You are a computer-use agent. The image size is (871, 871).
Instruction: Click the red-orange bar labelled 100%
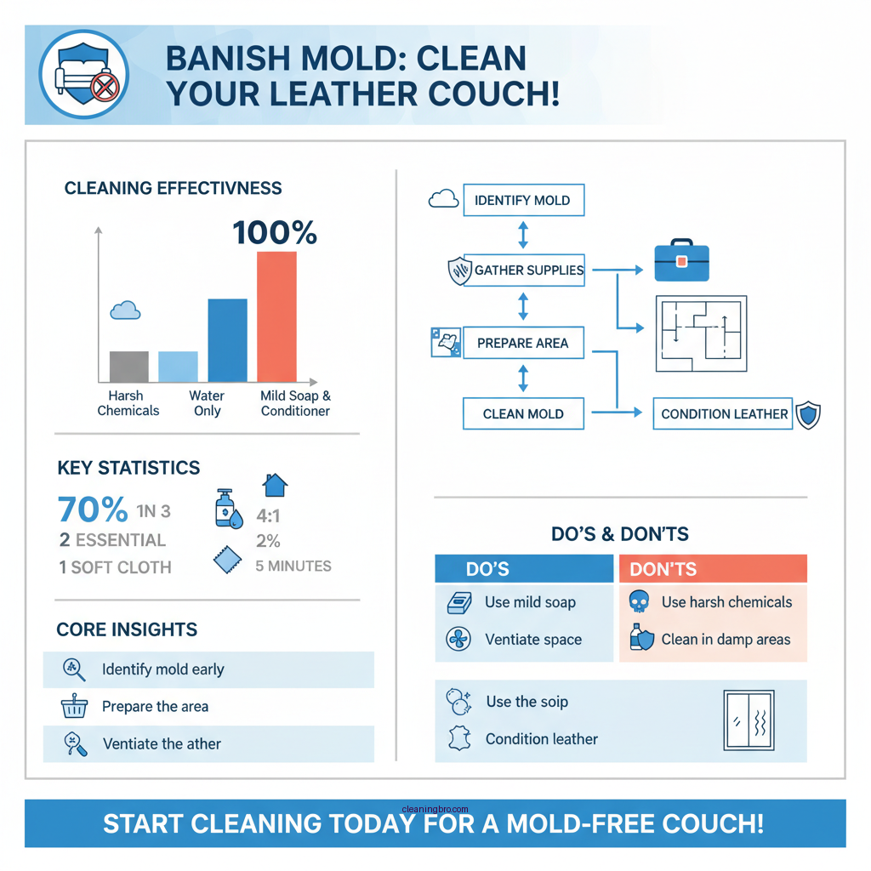pyautogui.click(x=276, y=316)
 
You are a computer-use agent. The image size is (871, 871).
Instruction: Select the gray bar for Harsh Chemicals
pyautogui.click(x=128, y=367)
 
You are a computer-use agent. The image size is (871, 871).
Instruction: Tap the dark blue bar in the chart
pyautogui.click(x=227, y=340)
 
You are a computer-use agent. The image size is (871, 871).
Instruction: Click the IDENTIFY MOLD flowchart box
pyautogui.click(x=522, y=201)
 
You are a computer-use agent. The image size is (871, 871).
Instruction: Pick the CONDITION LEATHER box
pyautogui.click(x=724, y=414)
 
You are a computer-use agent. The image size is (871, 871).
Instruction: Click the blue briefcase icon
pyautogui.click(x=681, y=263)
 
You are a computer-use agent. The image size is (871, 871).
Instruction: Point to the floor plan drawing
pyautogui.click(x=701, y=334)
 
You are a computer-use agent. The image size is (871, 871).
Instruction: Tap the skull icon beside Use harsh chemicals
pyautogui.click(x=638, y=602)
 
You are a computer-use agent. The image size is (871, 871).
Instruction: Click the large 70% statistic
pyautogui.click(x=92, y=510)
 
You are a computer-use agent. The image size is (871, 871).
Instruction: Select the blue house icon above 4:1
pyautogui.click(x=274, y=486)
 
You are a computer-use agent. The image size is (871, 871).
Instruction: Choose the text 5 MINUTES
pyautogui.click(x=293, y=566)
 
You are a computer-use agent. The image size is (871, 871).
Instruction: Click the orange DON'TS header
pyautogui.click(x=713, y=569)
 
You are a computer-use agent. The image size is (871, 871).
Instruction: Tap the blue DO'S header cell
pyautogui.click(x=523, y=569)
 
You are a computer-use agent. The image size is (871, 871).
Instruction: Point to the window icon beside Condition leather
pyautogui.click(x=748, y=720)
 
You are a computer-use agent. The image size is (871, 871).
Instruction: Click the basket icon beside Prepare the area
pyautogui.click(x=75, y=707)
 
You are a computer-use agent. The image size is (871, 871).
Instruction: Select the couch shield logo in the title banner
pyautogui.click(x=83, y=74)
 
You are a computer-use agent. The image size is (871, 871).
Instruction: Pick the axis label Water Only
pyautogui.click(x=207, y=403)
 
